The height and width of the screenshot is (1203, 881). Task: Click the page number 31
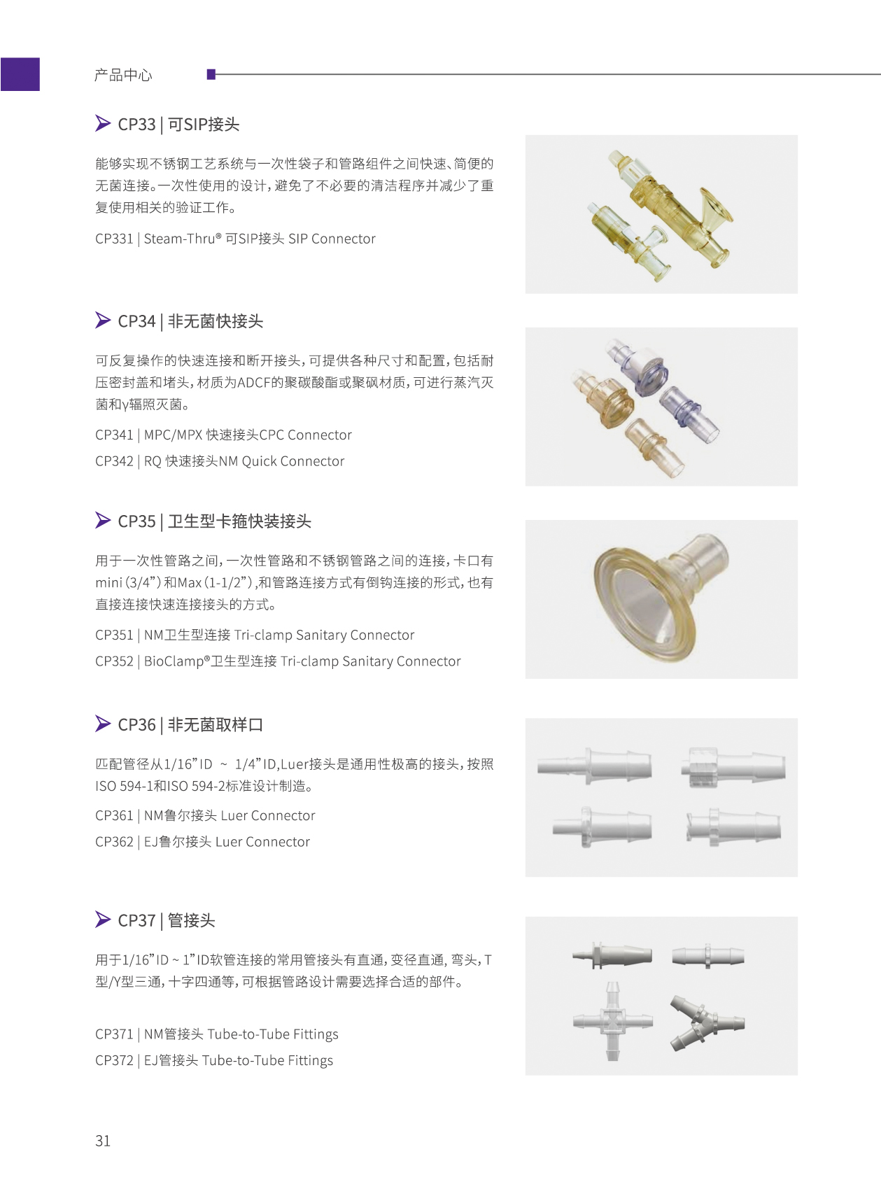(103, 1141)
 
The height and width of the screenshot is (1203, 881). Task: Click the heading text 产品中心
(123, 75)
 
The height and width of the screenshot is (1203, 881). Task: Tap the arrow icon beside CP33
(103, 123)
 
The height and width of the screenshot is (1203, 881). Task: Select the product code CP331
(114, 239)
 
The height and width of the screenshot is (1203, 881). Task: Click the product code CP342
(114, 461)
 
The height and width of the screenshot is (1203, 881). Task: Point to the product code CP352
(114, 661)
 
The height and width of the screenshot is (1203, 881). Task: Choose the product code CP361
(114, 815)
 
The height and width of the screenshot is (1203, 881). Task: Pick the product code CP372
(114, 1060)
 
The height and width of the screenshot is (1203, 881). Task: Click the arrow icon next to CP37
(103, 919)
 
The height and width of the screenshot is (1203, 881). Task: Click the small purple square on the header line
(211, 74)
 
